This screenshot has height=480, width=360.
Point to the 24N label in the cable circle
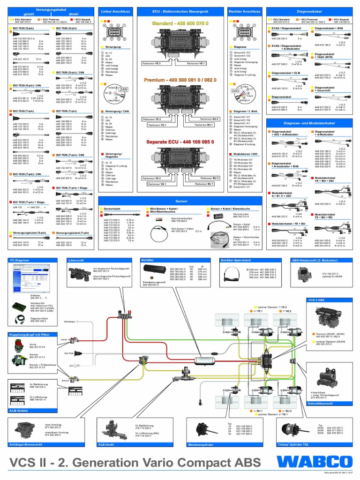coord(124,88)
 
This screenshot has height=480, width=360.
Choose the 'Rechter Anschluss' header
coord(244,11)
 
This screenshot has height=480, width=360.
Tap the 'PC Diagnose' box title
coord(19,259)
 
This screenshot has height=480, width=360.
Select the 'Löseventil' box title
coord(76,259)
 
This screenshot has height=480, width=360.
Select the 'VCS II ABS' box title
coord(315,299)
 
